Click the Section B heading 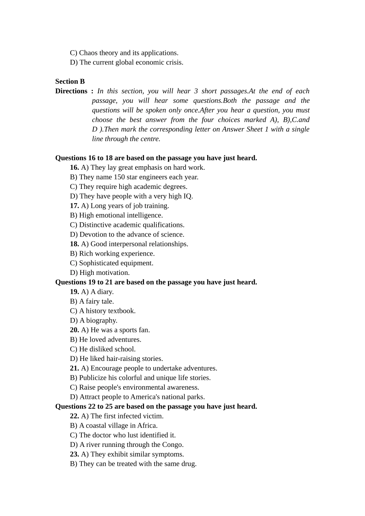70,81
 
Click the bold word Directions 71,91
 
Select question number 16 74,167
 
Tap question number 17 74,206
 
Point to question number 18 74,244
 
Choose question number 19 74,292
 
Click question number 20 74,330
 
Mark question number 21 74,368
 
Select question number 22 74,416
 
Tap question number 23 74,454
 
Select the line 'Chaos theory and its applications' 124,53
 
